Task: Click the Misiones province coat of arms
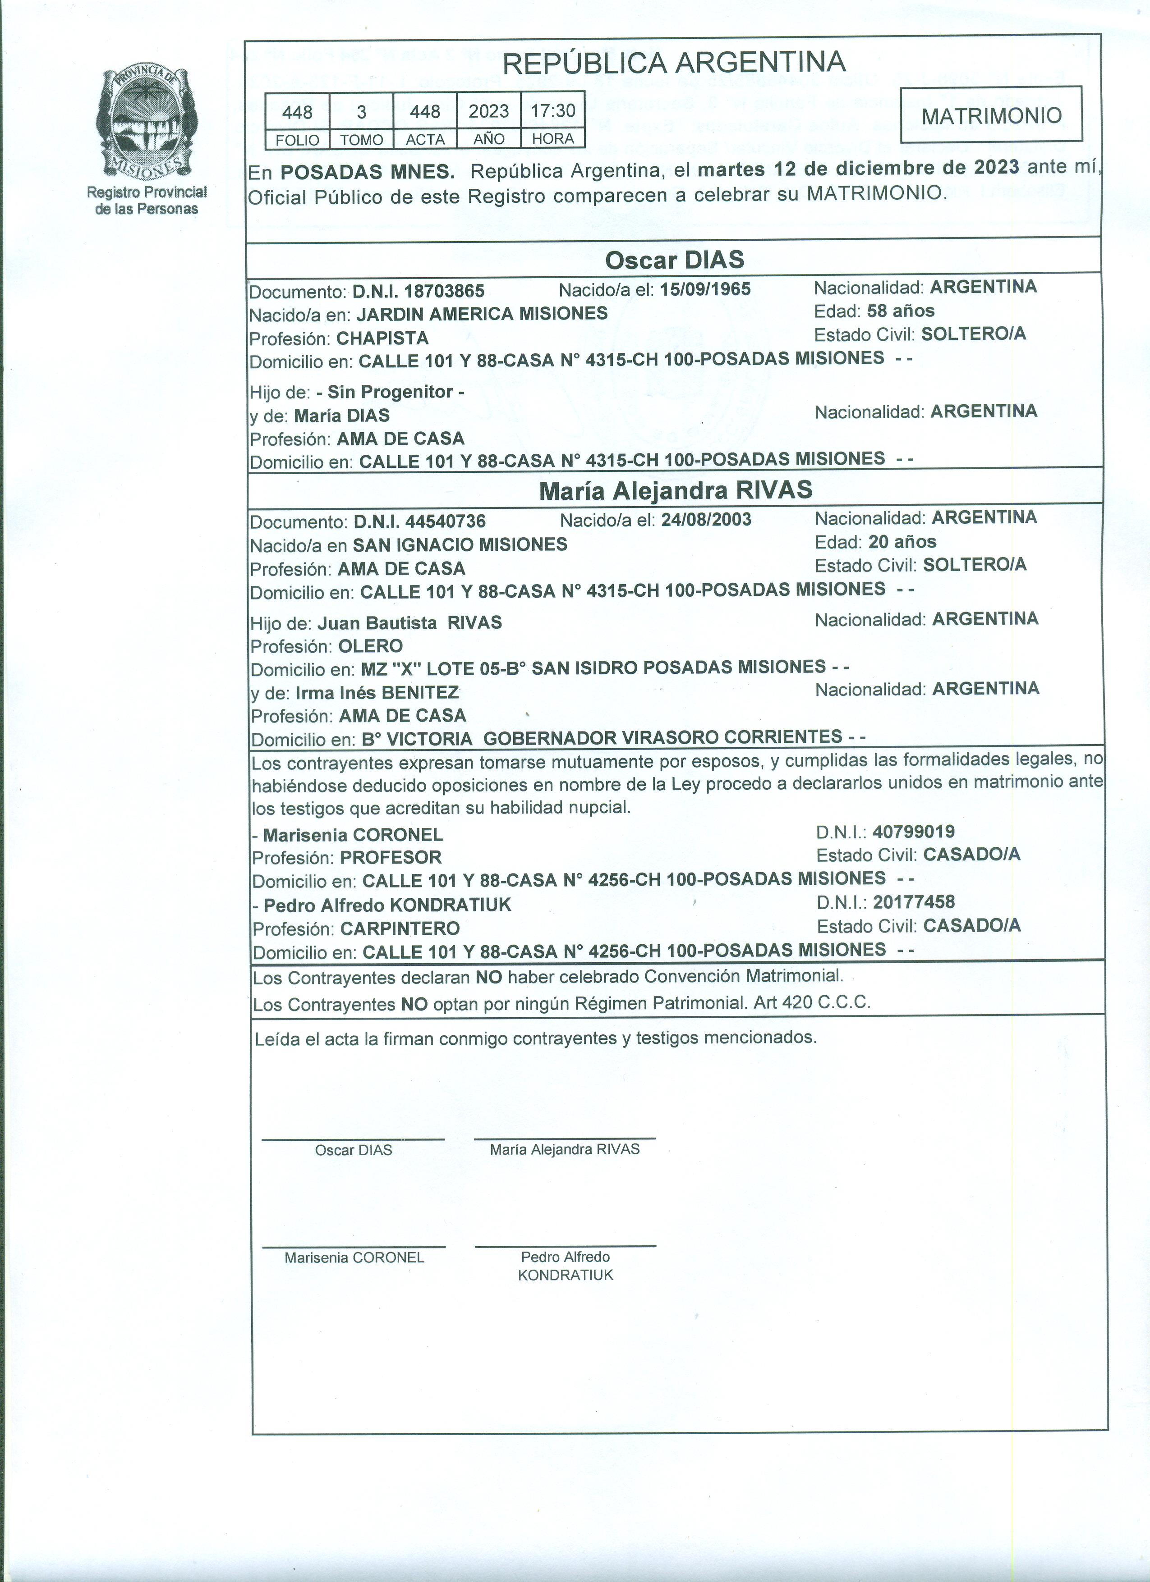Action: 147,123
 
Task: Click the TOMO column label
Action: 362,140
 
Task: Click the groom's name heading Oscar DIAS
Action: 674,260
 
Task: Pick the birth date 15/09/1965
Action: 705,289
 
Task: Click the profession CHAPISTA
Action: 382,338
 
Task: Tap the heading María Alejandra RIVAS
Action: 676,490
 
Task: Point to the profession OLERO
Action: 371,646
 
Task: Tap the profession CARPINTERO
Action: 400,929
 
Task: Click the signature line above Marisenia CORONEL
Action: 354,1247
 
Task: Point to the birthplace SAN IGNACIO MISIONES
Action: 460,545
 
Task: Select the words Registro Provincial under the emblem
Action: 147,192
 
